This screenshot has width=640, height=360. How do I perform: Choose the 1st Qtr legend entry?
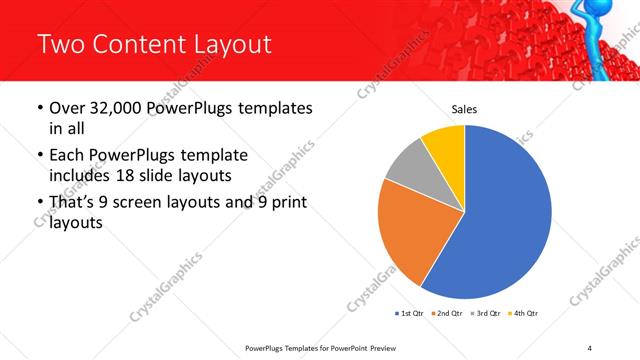click(x=410, y=314)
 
